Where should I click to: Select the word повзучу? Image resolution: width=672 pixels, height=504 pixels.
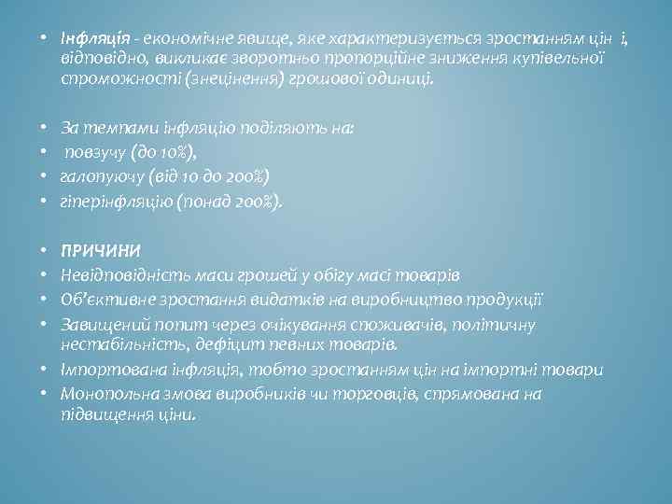coord(92,152)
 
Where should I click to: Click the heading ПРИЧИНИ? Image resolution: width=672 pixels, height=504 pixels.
coord(101,252)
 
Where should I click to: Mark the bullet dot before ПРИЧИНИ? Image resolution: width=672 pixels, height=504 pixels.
coord(47,252)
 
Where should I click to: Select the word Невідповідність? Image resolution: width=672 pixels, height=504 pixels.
coord(120,275)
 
